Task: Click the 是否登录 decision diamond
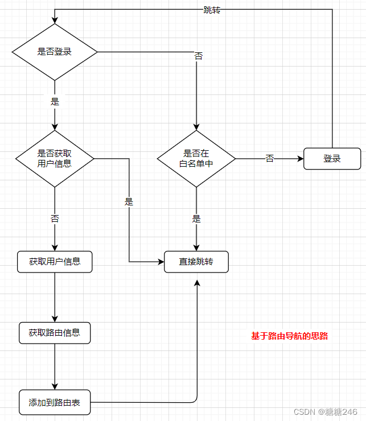tap(55, 52)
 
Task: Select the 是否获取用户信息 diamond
tap(55, 158)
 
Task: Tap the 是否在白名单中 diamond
tap(196, 158)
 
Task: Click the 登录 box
tap(332, 159)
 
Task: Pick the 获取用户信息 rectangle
tap(55, 262)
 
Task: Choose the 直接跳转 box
tap(196, 262)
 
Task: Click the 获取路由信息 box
tap(55, 332)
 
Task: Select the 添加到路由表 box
tap(55, 403)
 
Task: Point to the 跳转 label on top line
tap(212, 10)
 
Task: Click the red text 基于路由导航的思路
tap(289, 336)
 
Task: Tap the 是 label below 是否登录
tap(55, 102)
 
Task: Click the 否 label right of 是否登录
tap(199, 56)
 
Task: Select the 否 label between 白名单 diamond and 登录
tap(270, 159)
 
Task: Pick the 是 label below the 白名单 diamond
tap(196, 219)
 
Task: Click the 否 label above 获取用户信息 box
tap(55, 218)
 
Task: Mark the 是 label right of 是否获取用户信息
tap(129, 201)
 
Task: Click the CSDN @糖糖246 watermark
tap(326, 412)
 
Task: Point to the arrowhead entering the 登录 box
tap(300, 159)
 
